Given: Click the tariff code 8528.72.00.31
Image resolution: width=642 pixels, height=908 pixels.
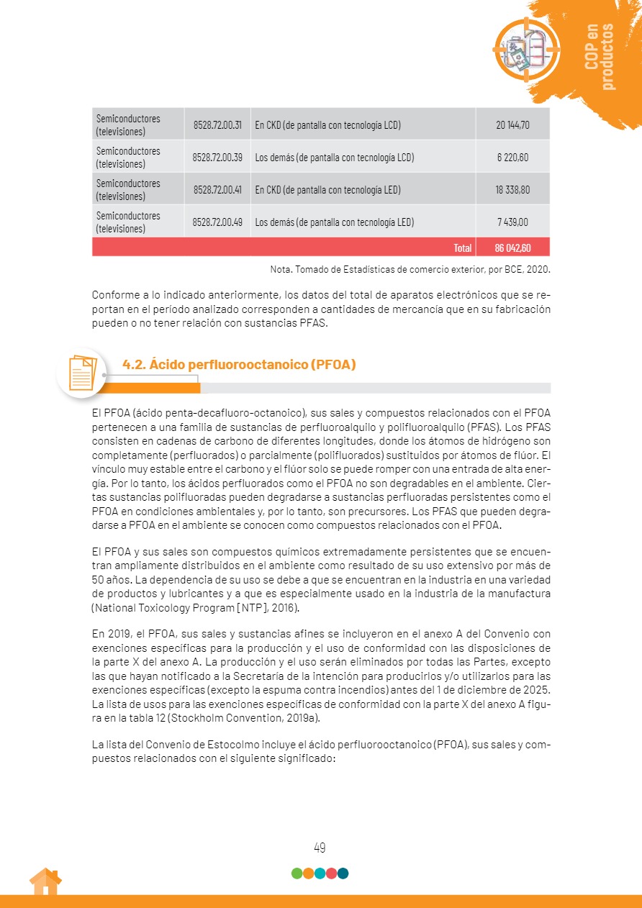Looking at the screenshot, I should [x=217, y=124].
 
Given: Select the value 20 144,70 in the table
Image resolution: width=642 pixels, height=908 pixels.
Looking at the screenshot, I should [x=512, y=124].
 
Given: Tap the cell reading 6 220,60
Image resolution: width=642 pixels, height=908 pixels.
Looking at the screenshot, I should [x=512, y=157].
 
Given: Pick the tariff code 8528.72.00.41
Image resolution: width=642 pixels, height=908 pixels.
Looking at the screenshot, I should [x=217, y=190].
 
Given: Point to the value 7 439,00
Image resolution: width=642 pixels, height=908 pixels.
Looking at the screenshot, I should [x=512, y=222].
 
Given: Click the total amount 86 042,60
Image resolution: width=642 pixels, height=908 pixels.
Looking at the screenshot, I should [x=512, y=248].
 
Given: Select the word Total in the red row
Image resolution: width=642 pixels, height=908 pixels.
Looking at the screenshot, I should [x=463, y=248].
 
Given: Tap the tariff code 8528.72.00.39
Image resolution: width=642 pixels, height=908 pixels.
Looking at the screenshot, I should [x=217, y=157].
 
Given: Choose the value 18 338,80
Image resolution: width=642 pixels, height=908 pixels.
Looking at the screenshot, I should [x=512, y=190].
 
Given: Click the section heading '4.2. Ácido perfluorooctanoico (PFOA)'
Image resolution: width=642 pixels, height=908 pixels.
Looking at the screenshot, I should [x=240, y=365].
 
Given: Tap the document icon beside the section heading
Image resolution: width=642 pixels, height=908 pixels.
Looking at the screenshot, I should [x=81, y=373].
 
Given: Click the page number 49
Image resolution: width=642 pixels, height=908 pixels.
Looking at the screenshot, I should [x=320, y=848].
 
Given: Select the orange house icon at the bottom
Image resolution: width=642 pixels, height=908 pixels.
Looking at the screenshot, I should [x=45, y=882].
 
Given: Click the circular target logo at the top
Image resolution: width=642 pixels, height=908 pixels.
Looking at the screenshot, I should [x=526, y=49].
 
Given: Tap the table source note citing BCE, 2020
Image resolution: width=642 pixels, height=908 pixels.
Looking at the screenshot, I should [x=410, y=269].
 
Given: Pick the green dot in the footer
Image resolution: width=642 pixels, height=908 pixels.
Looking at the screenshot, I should [x=297, y=873].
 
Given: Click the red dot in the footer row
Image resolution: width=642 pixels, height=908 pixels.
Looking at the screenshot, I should [x=331, y=873].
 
